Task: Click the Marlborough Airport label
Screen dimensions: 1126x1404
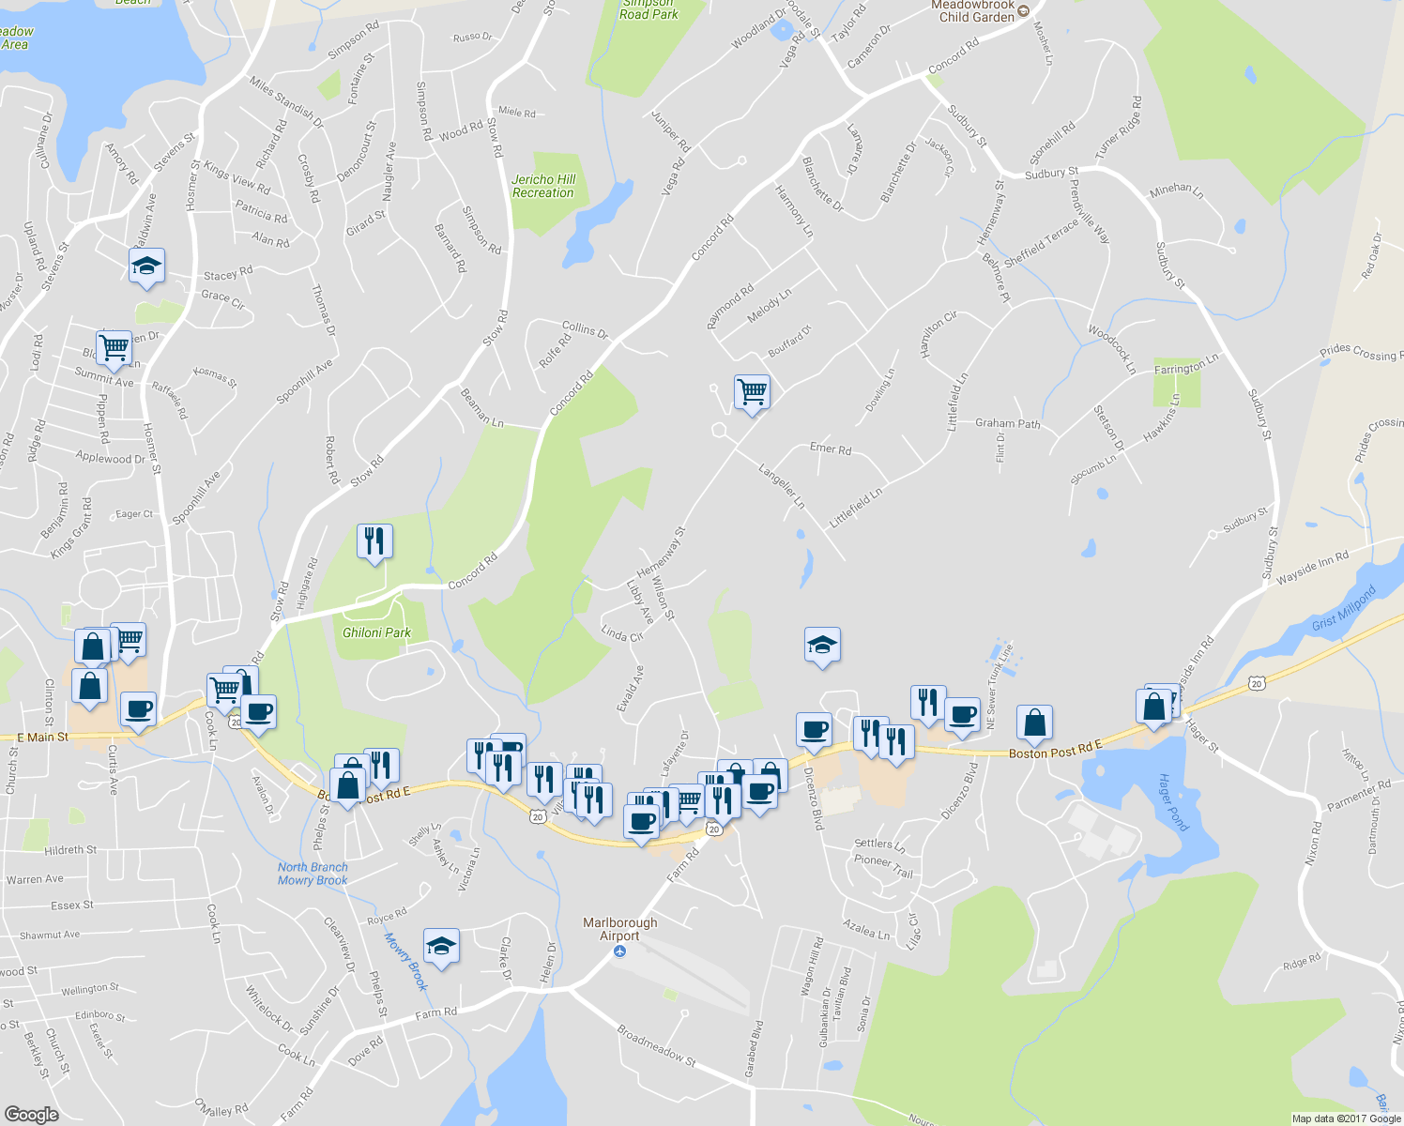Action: click(619, 929)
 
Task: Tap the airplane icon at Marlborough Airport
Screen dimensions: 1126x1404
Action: click(619, 951)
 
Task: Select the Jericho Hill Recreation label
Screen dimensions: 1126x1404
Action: click(543, 186)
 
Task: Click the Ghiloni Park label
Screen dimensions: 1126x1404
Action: click(376, 632)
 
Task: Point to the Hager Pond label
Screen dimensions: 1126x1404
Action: click(1172, 802)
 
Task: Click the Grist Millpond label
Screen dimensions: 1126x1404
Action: click(1343, 609)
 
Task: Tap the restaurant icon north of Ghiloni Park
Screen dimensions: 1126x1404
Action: click(374, 540)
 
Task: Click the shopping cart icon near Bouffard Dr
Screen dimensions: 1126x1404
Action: click(752, 391)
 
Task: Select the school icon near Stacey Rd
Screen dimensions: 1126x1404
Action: click(146, 266)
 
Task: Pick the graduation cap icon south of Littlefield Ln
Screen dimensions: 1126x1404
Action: click(822, 645)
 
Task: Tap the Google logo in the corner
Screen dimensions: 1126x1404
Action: click(31, 1114)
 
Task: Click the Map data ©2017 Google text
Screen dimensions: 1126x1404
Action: click(1346, 1118)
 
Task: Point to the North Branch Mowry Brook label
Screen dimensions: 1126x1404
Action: click(313, 874)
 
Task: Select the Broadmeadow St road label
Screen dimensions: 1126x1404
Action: click(656, 1044)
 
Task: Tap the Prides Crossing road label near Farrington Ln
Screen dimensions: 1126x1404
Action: click(1360, 354)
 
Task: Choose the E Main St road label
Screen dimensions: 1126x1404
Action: click(42, 738)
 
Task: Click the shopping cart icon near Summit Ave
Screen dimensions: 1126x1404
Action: click(114, 346)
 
